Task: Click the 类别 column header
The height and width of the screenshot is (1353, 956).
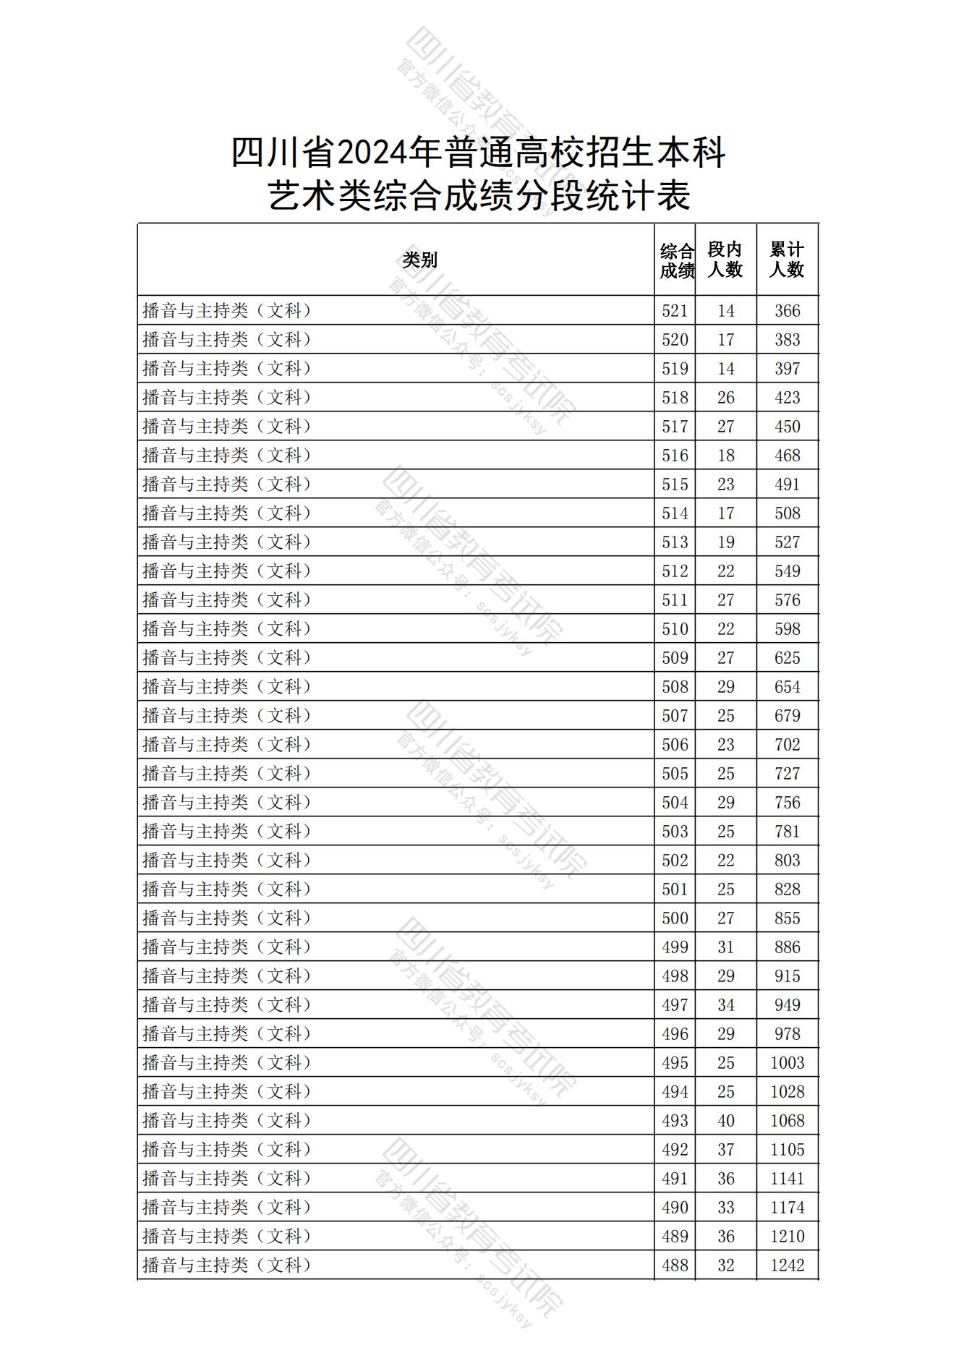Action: (x=419, y=260)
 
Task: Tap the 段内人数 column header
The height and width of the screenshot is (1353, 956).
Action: (x=725, y=260)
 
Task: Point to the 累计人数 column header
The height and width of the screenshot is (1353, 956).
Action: (x=787, y=260)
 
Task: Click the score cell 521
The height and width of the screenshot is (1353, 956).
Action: (x=675, y=311)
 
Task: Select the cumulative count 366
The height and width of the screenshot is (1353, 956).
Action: (x=787, y=311)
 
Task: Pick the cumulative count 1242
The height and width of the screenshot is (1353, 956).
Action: (x=787, y=1265)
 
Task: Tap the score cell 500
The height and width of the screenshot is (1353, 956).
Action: (x=675, y=918)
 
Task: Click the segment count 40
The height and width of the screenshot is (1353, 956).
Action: (x=725, y=1121)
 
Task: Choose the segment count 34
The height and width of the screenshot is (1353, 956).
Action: (x=725, y=1005)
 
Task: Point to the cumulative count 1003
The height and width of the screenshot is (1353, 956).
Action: (x=787, y=1063)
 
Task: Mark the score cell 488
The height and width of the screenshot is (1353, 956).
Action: (x=675, y=1265)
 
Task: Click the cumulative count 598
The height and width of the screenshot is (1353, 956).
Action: (x=787, y=629)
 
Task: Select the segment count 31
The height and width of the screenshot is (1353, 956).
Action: (x=725, y=947)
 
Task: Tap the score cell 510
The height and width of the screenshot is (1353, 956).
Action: (x=675, y=629)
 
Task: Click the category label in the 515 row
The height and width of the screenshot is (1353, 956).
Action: (x=226, y=485)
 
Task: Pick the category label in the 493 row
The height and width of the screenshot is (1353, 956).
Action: (x=226, y=1121)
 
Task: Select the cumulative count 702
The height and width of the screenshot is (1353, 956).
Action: (x=787, y=745)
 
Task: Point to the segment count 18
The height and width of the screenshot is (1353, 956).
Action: (x=725, y=456)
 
